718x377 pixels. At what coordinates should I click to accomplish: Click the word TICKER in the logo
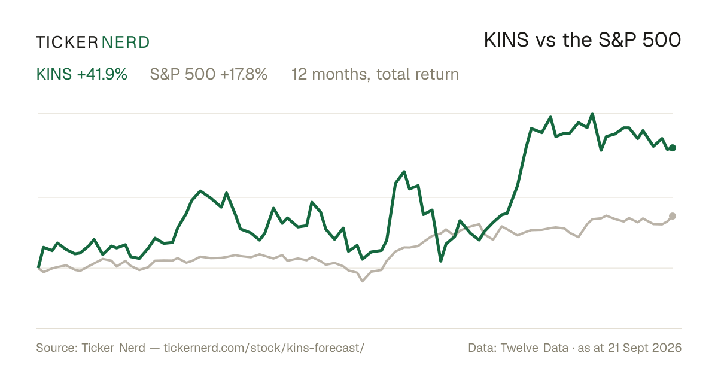click(67, 42)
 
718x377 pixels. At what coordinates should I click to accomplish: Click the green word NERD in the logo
click(126, 42)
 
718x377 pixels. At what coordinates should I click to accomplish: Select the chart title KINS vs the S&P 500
click(582, 40)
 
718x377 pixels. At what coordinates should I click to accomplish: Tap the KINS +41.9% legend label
click(82, 74)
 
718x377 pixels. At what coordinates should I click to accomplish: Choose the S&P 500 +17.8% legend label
click(209, 74)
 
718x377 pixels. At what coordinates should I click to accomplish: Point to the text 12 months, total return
click(375, 74)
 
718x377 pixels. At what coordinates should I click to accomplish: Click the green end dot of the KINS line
click(673, 148)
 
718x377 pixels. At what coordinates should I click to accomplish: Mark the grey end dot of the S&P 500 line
click(673, 216)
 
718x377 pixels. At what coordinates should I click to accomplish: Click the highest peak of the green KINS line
click(592, 114)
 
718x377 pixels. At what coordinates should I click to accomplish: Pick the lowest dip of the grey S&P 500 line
click(363, 281)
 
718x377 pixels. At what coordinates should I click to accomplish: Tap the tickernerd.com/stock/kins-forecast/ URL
click(264, 348)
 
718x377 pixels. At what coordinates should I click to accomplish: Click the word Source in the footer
click(55, 348)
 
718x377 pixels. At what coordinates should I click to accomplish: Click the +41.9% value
click(102, 74)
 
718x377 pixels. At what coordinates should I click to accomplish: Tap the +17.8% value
click(244, 74)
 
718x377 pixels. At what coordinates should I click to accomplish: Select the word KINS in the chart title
click(506, 40)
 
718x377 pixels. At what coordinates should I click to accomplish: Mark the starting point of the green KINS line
click(38, 267)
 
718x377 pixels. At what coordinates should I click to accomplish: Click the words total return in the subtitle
click(418, 74)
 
